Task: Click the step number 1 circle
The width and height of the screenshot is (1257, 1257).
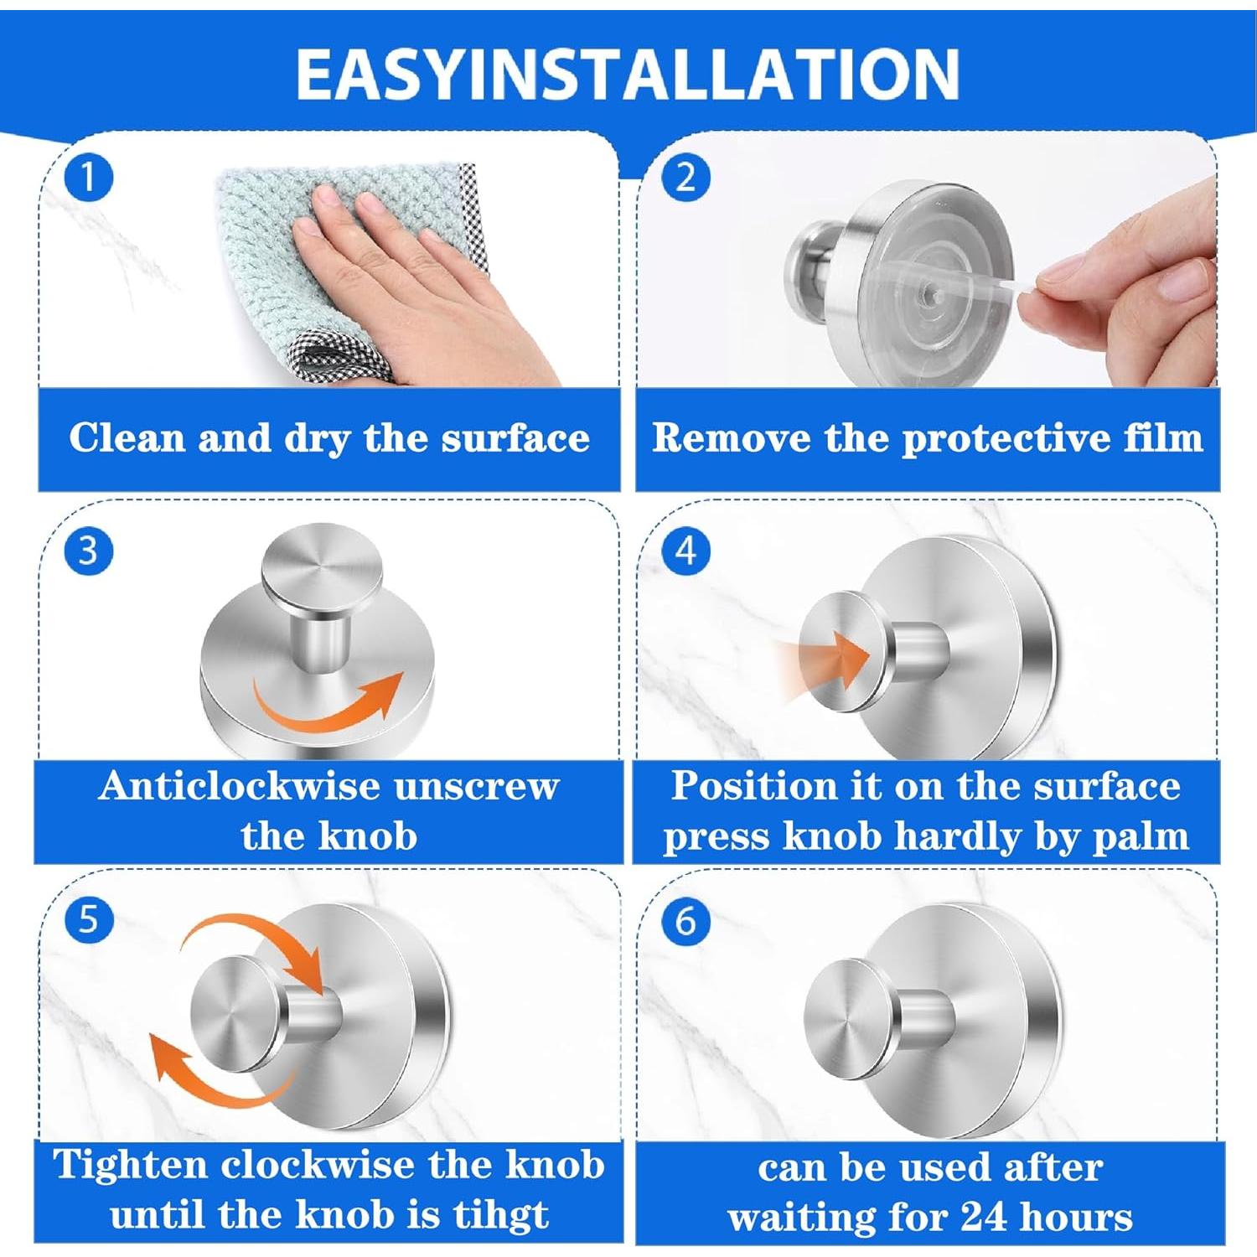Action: click(88, 178)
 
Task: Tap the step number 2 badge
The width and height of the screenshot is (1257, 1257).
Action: click(685, 178)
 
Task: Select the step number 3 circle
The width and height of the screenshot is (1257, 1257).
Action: click(88, 551)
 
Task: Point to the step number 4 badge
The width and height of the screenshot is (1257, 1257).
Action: click(685, 551)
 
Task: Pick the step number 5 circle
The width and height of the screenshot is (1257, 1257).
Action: click(88, 919)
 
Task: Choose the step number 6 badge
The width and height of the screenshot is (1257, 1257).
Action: click(685, 921)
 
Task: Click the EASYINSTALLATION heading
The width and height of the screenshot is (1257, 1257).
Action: click(628, 74)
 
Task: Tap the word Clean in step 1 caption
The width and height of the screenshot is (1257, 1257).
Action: click(127, 437)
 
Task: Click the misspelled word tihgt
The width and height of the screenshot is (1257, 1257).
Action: click(500, 1216)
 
